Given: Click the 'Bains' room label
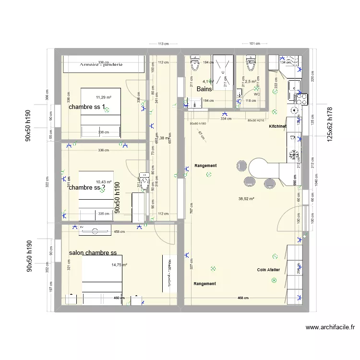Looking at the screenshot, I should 204,89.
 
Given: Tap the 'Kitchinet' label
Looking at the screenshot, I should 277,125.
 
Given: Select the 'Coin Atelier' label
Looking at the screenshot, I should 268,270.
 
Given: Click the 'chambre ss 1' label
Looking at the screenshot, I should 87,107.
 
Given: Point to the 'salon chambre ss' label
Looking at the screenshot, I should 93,253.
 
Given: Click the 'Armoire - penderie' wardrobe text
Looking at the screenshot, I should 101,64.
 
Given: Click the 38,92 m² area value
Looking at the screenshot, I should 246,198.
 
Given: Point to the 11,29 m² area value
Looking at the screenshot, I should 103,97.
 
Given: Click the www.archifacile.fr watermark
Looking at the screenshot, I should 330,328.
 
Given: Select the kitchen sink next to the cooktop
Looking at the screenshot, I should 293,86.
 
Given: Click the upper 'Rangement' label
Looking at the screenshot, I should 205,166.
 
